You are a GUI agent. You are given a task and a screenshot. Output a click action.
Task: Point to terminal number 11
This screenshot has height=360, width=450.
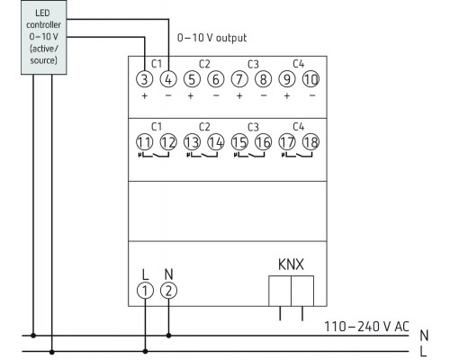click(145, 140)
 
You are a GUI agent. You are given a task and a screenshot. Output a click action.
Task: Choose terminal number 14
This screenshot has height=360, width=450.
click(216, 140)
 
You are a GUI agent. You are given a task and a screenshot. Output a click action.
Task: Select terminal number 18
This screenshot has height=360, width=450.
click(311, 140)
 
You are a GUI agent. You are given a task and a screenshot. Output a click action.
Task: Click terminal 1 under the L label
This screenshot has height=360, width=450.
click(145, 290)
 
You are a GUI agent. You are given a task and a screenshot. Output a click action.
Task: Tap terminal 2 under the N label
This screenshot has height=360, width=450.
click(168, 290)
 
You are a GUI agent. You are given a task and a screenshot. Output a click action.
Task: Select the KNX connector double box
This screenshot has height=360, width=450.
click(290, 292)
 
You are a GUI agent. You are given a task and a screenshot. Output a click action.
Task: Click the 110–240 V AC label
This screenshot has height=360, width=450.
click(364, 325)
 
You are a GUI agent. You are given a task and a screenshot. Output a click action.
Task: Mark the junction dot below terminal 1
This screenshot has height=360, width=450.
click(145, 351)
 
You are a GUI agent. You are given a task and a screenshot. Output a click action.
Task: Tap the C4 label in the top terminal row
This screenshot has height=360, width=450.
click(299, 63)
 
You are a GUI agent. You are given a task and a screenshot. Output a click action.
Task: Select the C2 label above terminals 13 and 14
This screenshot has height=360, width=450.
click(203, 125)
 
